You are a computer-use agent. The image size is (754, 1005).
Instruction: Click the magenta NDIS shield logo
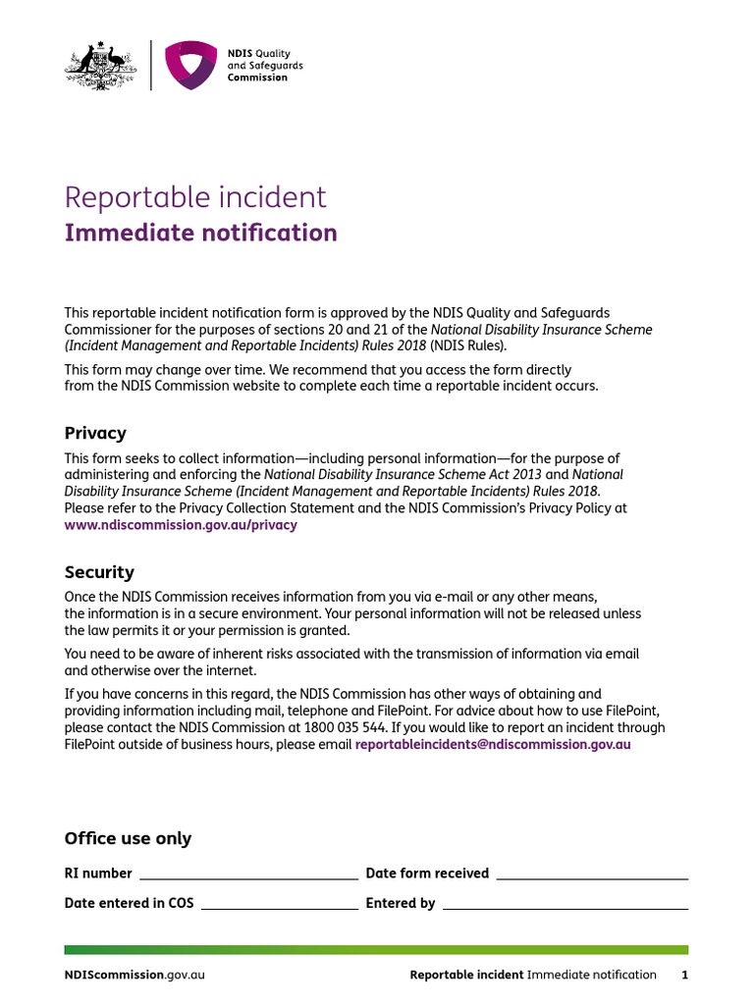[x=190, y=66]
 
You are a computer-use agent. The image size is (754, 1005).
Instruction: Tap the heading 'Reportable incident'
[x=195, y=197]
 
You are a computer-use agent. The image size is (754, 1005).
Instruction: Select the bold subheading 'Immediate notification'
[x=200, y=233]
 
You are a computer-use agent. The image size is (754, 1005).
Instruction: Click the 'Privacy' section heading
[x=95, y=433]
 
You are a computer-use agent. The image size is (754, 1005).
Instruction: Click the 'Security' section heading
[x=99, y=572]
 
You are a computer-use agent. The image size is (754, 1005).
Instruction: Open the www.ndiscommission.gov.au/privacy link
[x=181, y=525]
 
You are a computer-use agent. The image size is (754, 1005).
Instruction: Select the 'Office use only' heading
[x=128, y=838]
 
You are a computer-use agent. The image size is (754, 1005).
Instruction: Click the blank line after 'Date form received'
[x=592, y=875]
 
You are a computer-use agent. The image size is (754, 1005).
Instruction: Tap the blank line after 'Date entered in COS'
[x=279, y=905]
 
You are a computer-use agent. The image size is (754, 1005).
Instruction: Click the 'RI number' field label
[x=98, y=873]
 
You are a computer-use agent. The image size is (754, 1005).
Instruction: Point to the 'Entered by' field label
[x=400, y=903]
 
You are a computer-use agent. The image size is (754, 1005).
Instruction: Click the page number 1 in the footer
[x=685, y=975]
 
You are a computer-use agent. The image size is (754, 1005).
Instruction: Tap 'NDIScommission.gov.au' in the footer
[x=135, y=975]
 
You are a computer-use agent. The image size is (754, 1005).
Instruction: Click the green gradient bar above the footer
[x=376, y=950]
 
